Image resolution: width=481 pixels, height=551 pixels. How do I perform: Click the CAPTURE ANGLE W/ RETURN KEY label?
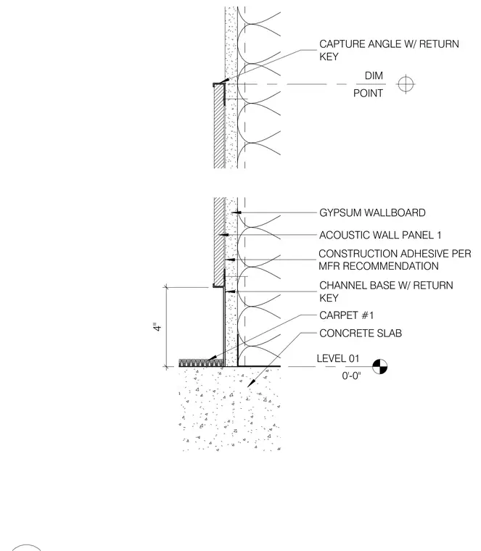[x=389, y=50]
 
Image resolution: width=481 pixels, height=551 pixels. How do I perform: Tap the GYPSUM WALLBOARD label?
[x=372, y=212]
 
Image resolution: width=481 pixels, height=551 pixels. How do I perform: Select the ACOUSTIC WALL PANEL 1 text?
[x=380, y=235]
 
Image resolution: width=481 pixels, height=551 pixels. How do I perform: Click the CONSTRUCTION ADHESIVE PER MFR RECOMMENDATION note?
[x=395, y=260]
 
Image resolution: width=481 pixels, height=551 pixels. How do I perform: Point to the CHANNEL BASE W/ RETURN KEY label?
[x=386, y=291]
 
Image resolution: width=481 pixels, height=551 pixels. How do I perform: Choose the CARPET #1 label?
[x=346, y=315]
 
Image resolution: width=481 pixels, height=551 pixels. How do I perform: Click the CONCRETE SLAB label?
[x=361, y=333]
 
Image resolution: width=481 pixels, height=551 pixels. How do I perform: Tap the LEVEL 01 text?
[x=338, y=358]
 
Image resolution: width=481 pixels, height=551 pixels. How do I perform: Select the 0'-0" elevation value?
[x=351, y=376]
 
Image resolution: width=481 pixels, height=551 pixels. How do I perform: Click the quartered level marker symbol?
[x=379, y=367]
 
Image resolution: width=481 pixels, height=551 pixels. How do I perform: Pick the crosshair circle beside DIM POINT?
[x=406, y=84]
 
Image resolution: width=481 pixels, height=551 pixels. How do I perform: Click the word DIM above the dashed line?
[x=374, y=75]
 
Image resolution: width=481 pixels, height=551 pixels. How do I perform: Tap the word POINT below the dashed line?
[x=368, y=93]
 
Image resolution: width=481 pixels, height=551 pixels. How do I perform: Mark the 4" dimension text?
[x=157, y=327]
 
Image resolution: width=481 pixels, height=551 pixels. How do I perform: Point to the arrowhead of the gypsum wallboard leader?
[x=236, y=212]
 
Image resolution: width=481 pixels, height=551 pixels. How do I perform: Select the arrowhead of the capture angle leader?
[x=223, y=81]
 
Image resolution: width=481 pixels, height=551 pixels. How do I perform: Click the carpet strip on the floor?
[x=201, y=362]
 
